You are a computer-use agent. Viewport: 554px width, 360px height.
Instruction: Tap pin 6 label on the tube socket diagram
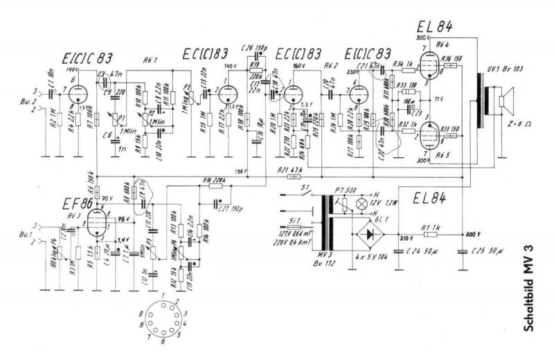tap(163, 341)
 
